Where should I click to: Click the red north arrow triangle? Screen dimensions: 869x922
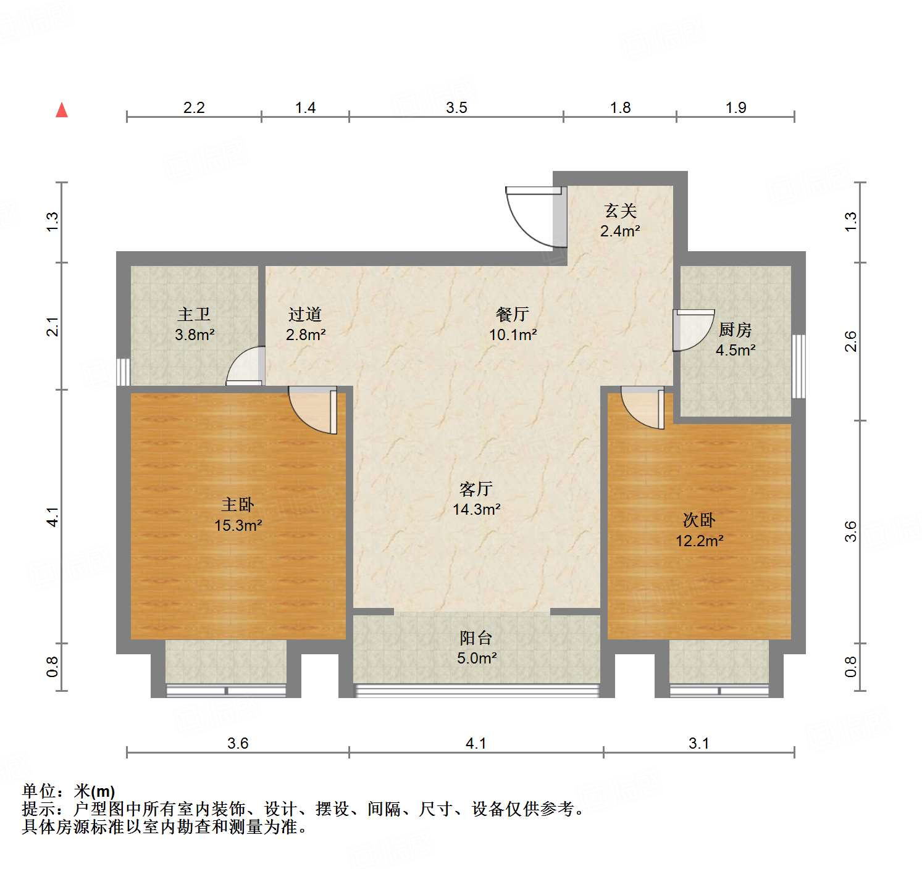(62, 110)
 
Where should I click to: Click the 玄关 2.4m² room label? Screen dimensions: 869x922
(620, 221)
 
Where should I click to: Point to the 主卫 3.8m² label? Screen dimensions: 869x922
(195, 325)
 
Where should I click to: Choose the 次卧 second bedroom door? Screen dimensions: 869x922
(643, 407)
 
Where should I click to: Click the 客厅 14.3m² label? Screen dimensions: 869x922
(476, 499)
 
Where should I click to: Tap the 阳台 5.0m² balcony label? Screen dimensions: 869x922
(476, 648)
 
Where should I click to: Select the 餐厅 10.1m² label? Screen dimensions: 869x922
(513, 325)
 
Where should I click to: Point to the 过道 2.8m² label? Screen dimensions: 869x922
(305, 325)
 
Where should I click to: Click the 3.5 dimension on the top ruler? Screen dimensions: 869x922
(456, 108)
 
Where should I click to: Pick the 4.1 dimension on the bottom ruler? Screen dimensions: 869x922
(476, 743)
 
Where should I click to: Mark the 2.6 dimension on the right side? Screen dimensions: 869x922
(850, 341)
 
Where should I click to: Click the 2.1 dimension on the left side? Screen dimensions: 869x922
(53, 326)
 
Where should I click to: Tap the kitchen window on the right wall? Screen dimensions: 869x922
(798, 366)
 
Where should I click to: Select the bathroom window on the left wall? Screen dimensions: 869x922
(124, 372)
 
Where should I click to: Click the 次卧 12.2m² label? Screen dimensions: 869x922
(699, 530)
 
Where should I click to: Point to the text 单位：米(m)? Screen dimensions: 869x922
(69, 791)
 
